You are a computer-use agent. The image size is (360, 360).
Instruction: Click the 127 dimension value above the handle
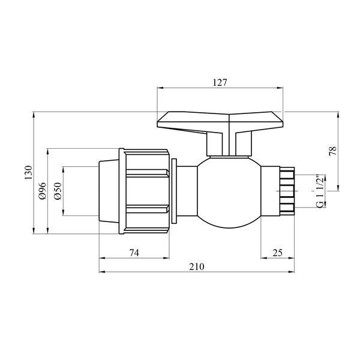pos(220,82)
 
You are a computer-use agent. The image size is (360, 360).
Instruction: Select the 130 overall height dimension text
pos(29,172)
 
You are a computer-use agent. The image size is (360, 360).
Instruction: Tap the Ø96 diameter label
pos(43,191)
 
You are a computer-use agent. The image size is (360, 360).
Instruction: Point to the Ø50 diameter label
pos(58,191)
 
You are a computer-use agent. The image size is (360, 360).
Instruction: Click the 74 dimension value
pos(134,253)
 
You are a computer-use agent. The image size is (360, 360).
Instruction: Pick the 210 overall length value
pos(197,267)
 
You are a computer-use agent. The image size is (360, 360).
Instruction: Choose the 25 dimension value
pos(278,253)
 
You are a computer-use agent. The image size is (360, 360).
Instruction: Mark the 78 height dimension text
pos(332,151)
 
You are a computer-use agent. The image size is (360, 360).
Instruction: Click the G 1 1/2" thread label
pos(320,191)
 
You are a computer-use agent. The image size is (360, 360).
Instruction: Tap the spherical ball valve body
pos(229,193)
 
